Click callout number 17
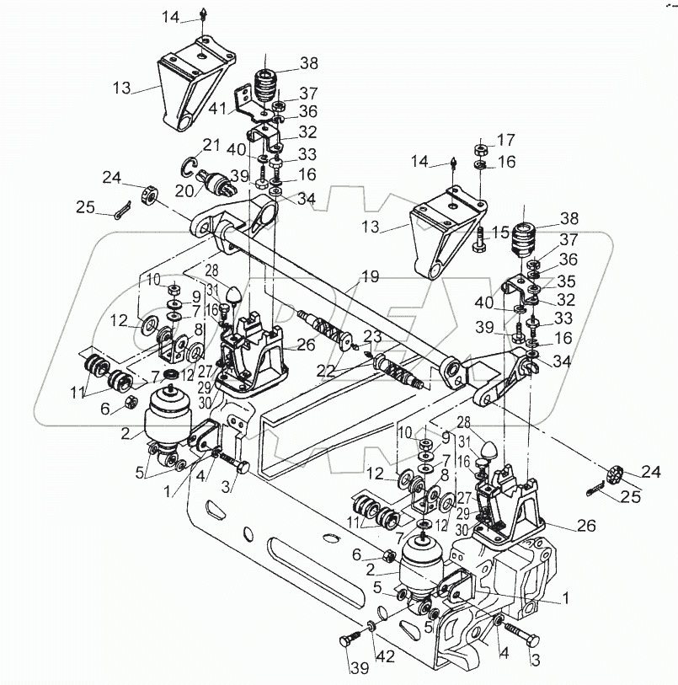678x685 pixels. [x=506, y=139]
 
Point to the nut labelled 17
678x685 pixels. [x=477, y=149]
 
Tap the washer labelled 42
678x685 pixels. [x=372, y=628]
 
